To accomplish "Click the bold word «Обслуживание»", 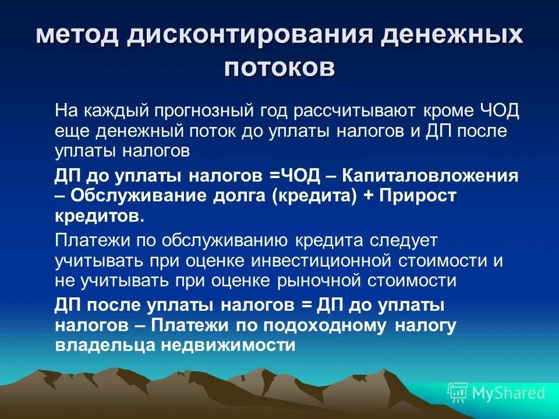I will coord(128,196).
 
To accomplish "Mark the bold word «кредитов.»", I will coord(98,216).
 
